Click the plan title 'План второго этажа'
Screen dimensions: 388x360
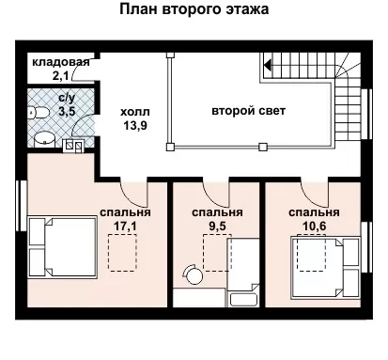tap(194, 9)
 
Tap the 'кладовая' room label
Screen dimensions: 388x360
tap(61, 62)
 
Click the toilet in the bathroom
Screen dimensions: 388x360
tap(38, 113)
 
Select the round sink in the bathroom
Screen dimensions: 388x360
tap(44, 140)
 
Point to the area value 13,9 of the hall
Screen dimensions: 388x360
tap(135, 125)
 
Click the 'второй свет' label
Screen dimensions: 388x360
tap(249, 111)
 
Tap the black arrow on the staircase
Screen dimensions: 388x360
tap(267, 65)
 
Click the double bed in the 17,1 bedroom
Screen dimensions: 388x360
tap(62, 247)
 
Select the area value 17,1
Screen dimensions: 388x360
tap(125, 227)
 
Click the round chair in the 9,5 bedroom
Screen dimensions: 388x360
tap(193, 274)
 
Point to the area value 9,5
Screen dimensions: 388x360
tap(217, 227)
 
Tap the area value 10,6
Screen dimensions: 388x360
tap(314, 227)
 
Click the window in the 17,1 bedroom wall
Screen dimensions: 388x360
tap(22, 206)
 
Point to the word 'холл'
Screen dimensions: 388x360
tap(135, 112)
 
